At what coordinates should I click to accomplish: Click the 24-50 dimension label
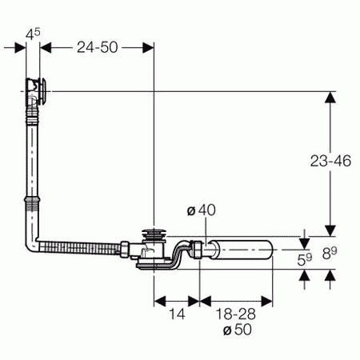click(98, 47)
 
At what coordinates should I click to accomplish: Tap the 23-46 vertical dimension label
click(330, 161)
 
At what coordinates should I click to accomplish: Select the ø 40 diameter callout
click(202, 210)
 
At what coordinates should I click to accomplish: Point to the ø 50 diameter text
click(238, 330)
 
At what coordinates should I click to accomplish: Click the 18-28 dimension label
click(236, 314)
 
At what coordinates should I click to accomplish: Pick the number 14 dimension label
click(177, 314)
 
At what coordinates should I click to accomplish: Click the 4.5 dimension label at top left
click(33, 34)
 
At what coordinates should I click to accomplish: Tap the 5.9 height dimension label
click(305, 259)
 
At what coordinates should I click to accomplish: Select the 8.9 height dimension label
click(330, 254)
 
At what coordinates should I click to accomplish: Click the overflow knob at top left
click(42, 90)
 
